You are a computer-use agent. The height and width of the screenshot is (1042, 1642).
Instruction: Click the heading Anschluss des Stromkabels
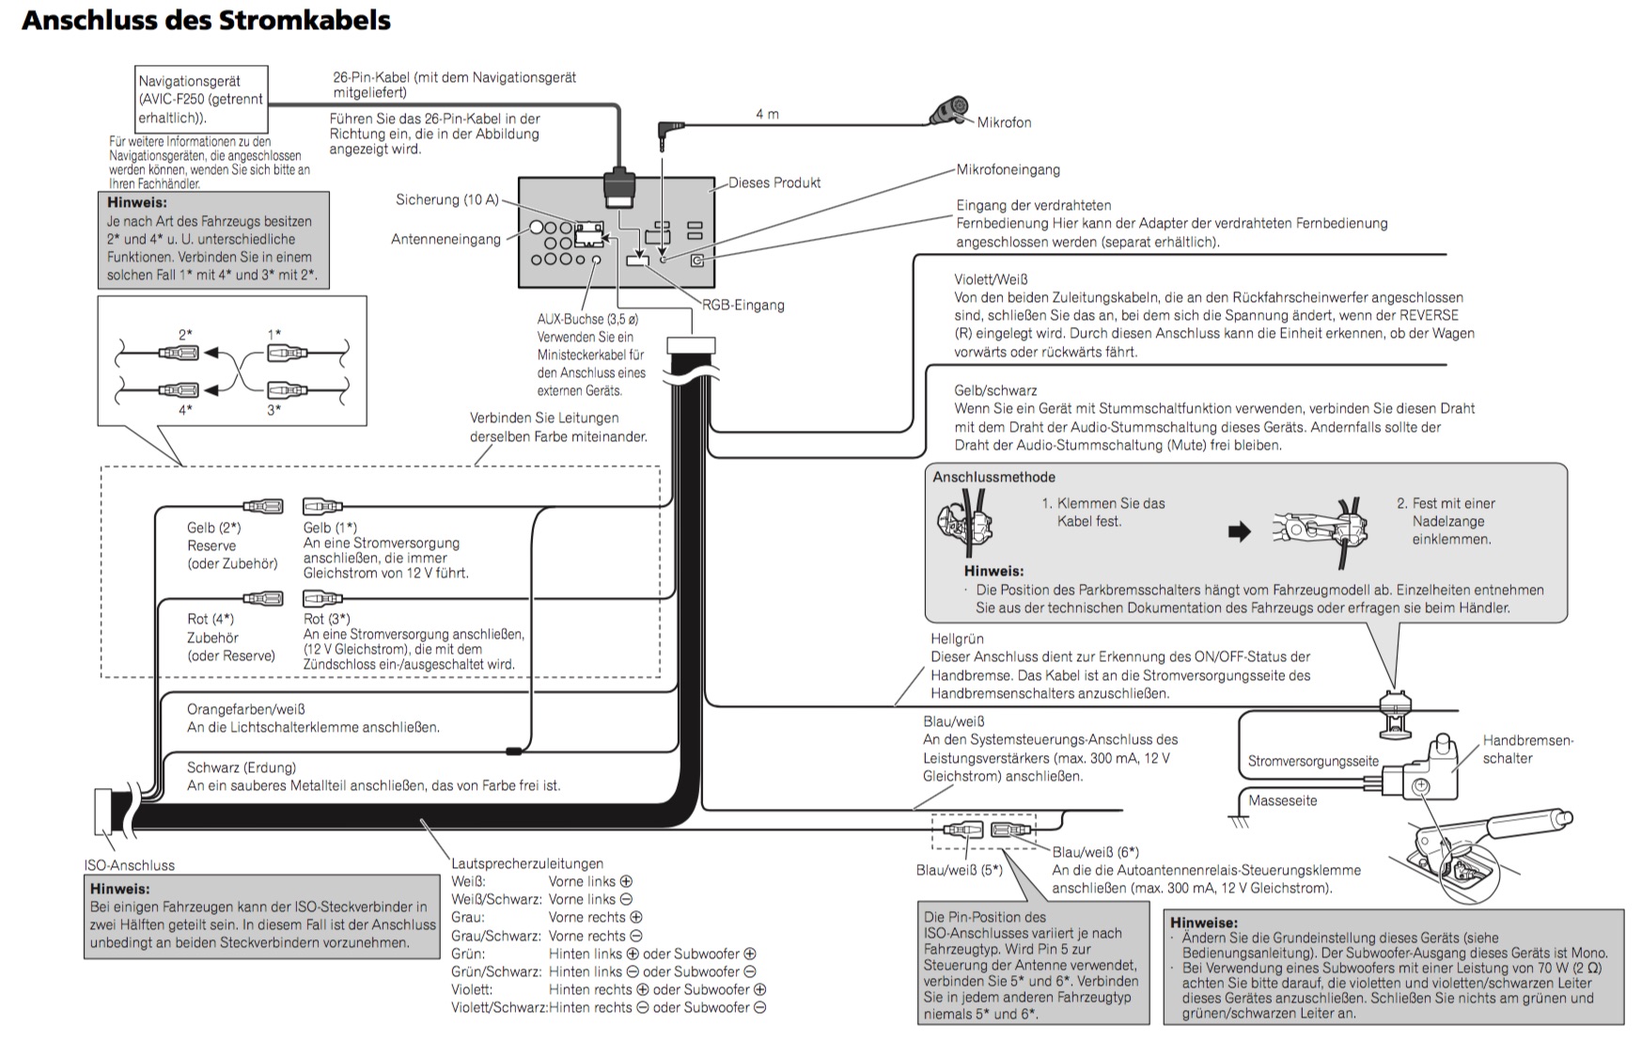click(x=206, y=20)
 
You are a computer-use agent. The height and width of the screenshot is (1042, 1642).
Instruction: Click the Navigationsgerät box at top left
click(x=201, y=99)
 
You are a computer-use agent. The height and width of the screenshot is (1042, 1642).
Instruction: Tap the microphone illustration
click(x=949, y=110)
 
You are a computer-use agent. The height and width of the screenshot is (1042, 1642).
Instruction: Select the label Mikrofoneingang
click(x=1008, y=170)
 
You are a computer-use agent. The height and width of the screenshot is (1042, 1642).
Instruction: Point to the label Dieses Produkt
click(x=774, y=182)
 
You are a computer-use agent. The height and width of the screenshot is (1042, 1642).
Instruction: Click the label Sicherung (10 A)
click(x=447, y=199)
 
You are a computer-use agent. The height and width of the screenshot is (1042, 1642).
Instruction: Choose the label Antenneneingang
click(x=446, y=239)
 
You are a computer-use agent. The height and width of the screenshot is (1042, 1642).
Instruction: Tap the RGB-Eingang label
click(x=743, y=305)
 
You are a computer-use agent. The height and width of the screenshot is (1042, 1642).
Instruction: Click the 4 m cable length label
click(x=767, y=114)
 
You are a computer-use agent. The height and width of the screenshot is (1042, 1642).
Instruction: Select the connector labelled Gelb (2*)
click(x=262, y=507)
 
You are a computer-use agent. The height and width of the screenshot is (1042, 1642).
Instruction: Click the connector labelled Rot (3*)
click(x=322, y=598)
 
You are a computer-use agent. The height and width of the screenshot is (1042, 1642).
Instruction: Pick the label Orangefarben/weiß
click(x=246, y=709)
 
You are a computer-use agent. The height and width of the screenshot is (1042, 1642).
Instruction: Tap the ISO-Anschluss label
click(x=130, y=865)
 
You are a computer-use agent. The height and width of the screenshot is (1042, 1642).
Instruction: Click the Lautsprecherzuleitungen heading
click(x=527, y=863)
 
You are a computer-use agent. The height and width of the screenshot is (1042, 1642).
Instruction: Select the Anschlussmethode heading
click(x=993, y=477)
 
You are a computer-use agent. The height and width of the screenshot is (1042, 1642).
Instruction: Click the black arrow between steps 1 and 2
click(x=1240, y=531)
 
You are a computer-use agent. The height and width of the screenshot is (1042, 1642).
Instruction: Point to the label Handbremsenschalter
click(x=1526, y=750)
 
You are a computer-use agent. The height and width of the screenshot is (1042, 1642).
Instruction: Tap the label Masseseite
click(x=1282, y=800)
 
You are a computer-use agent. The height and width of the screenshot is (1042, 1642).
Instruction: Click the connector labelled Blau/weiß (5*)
click(x=962, y=830)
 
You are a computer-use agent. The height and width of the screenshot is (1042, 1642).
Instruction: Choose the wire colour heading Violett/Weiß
click(x=991, y=279)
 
